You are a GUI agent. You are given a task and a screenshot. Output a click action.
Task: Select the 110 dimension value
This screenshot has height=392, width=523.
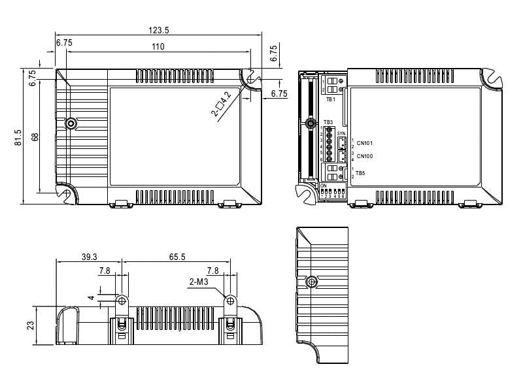click(x=158, y=46)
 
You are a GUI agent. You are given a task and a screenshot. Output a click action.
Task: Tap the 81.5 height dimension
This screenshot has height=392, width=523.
click(x=18, y=137)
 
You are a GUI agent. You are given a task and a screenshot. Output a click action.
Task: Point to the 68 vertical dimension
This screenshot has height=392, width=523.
click(x=34, y=137)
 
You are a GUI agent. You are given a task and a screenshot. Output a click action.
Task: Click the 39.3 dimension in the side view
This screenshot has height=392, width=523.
click(x=90, y=257)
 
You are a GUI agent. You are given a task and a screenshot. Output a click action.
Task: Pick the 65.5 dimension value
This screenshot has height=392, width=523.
click(x=177, y=257)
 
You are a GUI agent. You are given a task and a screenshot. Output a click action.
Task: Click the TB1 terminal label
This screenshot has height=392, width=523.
click(x=330, y=99)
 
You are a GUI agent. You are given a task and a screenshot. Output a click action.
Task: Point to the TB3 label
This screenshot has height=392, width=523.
click(x=328, y=122)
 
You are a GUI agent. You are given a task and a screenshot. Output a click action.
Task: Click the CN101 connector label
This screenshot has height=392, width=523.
click(x=365, y=142)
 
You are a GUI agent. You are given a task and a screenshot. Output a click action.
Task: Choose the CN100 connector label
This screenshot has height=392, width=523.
click(x=365, y=156)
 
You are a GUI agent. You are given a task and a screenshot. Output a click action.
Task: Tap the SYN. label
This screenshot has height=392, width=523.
click(x=341, y=133)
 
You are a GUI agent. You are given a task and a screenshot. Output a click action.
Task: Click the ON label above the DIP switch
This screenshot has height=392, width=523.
click(x=324, y=186)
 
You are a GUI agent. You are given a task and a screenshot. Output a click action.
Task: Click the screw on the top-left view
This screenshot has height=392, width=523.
click(x=71, y=123)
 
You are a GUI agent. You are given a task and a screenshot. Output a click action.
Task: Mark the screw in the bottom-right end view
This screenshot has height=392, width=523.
click(x=312, y=282)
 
